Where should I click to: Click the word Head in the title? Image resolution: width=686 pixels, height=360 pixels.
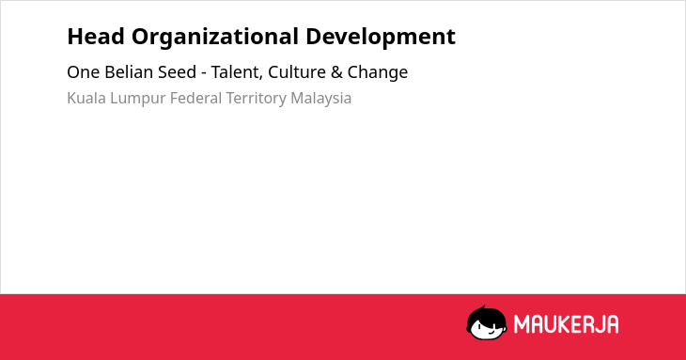click(x=96, y=37)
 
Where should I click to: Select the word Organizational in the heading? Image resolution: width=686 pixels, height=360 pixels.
click(x=215, y=38)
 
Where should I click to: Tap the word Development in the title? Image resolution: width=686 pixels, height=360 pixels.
click(x=381, y=38)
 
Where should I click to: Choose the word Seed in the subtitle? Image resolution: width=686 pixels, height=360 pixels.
click(x=177, y=72)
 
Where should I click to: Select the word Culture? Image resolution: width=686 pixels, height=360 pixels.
click(x=297, y=72)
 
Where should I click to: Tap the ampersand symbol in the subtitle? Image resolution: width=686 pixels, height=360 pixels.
click(x=336, y=72)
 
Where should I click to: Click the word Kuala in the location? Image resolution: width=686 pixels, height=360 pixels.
click(x=86, y=98)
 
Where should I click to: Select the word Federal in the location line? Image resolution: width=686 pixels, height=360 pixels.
click(x=196, y=98)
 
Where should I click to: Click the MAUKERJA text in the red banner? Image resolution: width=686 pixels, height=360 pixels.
click(x=566, y=324)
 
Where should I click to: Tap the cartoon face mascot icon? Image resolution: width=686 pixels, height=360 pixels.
click(x=487, y=323)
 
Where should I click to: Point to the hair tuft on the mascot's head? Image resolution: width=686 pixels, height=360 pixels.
click(x=483, y=308)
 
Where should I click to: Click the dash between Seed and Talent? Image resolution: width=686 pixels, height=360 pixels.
click(x=204, y=73)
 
